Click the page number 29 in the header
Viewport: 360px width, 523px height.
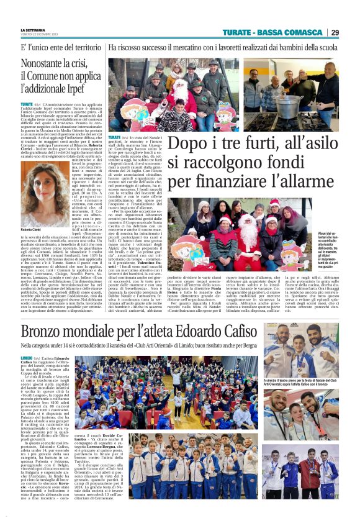335,32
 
